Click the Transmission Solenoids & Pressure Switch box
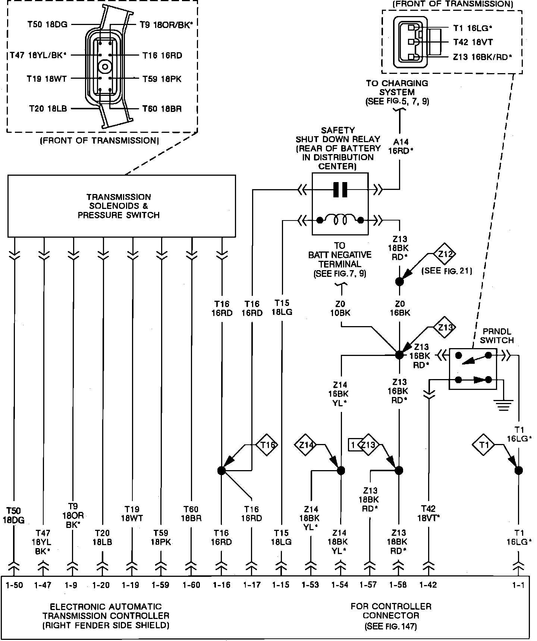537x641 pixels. click(x=122, y=206)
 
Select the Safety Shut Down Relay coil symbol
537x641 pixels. click(x=340, y=220)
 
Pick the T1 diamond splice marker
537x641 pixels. click(x=484, y=445)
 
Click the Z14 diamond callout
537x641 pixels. click(x=307, y=444)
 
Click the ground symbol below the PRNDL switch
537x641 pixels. click(x=503, y=405)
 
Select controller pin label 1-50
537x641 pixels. click(x=15, y=585)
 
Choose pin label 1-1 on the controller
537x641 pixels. click(x=518, y=585)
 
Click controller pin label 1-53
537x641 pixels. click(x=310, y=585)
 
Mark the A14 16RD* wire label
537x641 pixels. click(x=401, y=146)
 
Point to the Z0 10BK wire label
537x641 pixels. click(x=340, y=308)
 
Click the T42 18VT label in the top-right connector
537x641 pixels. click(x=473, y=42)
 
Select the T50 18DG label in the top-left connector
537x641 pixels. click(x=47, y=25)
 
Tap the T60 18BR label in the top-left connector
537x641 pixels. click(x=162, y=109)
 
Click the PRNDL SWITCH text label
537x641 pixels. click(x=497, y=336)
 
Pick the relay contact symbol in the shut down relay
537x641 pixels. click(x=340, y=190)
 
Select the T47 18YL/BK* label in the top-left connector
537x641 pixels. click(x=38, y=56)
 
